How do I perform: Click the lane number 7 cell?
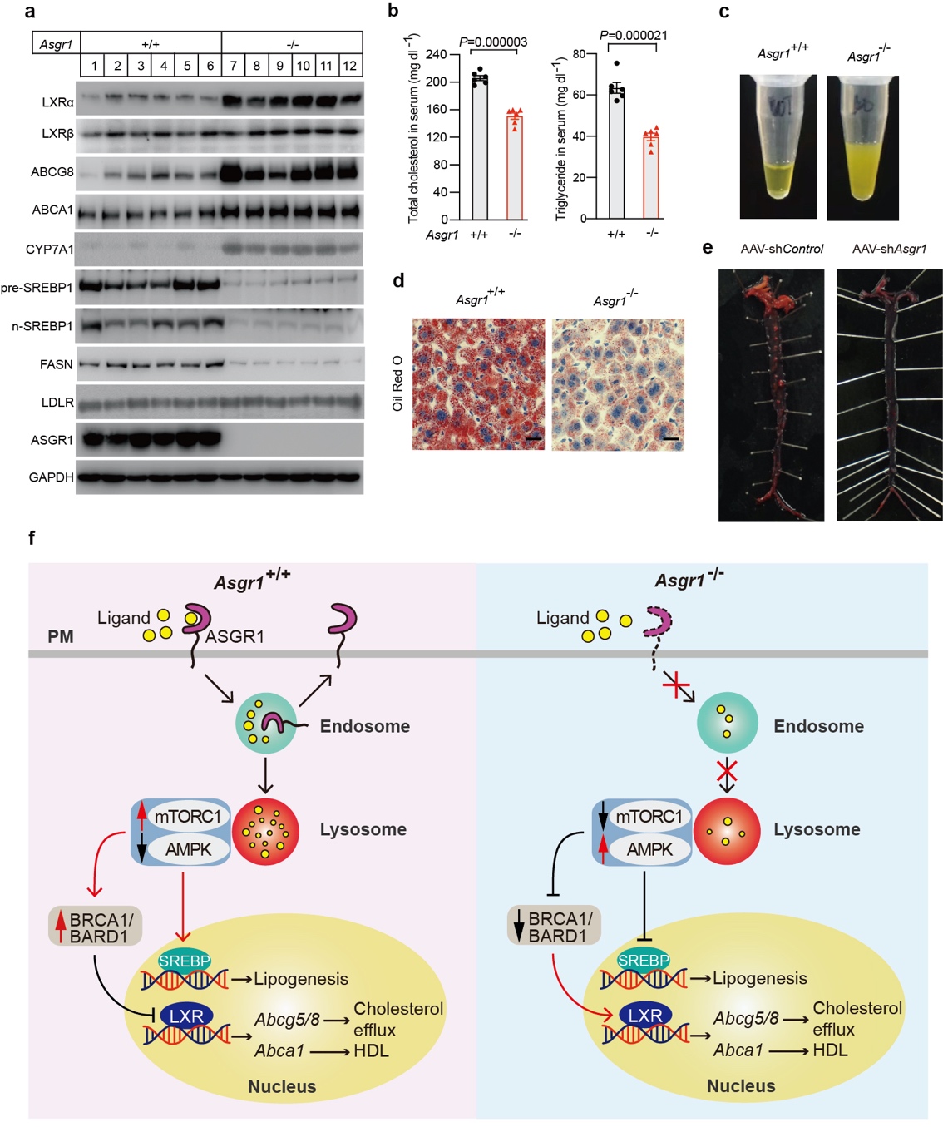click(234, 66)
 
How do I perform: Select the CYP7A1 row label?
click(49, 249)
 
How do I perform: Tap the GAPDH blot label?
click(52, 477)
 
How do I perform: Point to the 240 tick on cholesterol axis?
click(437, 54)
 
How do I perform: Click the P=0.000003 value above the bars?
click(493, 42)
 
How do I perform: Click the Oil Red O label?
click(397, 383)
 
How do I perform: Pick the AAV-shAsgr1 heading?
click(889, 249)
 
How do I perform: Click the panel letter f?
click(32, 538)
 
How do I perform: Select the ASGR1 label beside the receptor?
click(235, 636)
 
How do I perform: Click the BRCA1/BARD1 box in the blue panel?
click(555, 926)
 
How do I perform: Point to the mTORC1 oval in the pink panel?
click(188, 817)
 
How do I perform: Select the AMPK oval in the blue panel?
click(650, 849)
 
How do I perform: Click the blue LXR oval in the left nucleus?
click(186, 1016)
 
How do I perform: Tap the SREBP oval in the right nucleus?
click(644, 961)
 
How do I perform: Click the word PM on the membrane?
click(61, 636)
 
